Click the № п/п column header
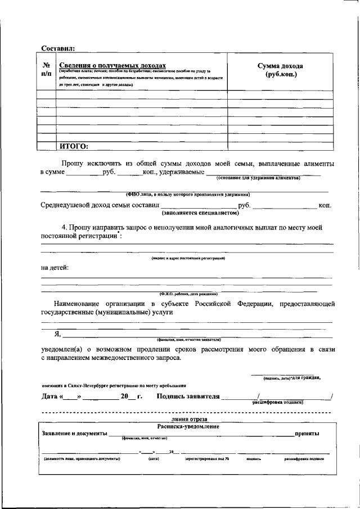coord(46,69)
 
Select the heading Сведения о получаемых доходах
coord(112,65)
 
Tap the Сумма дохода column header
coord(280,70)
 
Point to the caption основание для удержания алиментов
coord(258,178)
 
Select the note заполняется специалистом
coord(201,213)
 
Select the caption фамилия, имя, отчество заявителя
coord(189,340)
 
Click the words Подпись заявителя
coord(188,397)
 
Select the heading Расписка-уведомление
coord(188,426)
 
